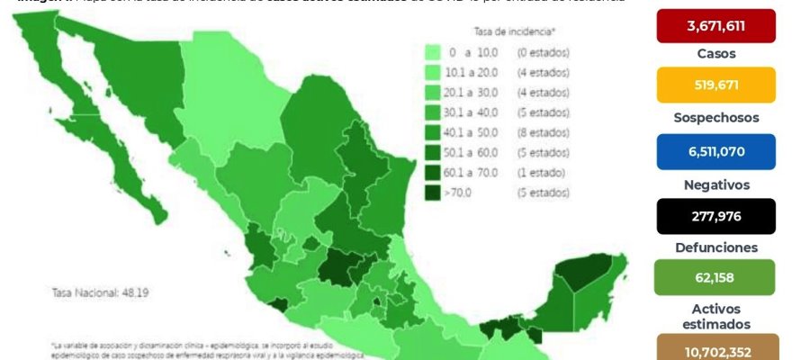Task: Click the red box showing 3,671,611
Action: pos(715,25)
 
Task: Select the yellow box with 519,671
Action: pos(715,85)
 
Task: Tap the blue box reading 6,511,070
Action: pos(715,151)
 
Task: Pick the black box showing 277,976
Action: pos(715,216)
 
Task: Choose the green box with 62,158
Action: pos(715,277)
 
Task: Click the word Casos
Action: pos(715,53)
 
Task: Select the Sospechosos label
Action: pos(715,117)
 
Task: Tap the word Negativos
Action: pos(715,184)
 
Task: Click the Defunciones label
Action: pos(715,247)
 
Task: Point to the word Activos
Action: pos(715,309)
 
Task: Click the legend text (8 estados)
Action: pos(543,132)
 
